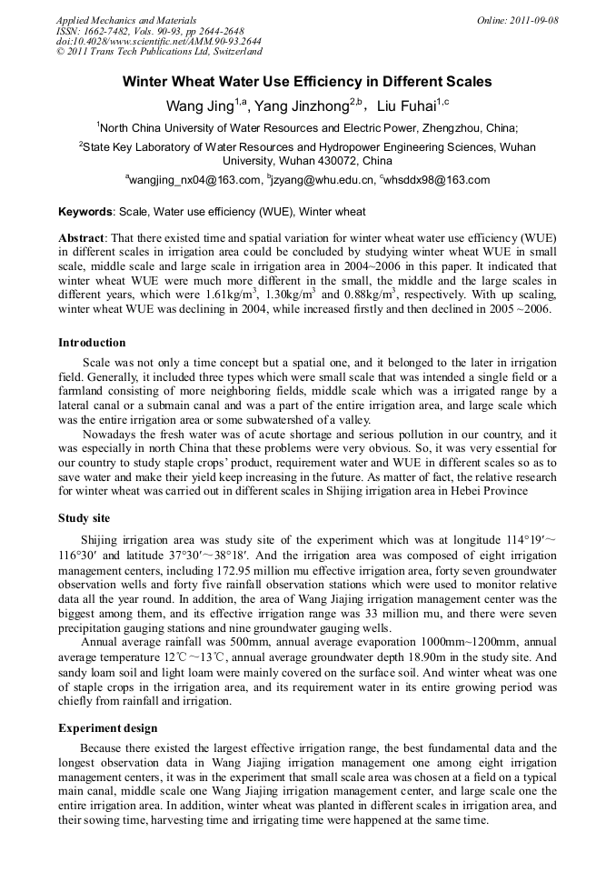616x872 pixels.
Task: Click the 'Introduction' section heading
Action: pos(92,343)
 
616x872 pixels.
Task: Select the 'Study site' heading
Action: pos(84,517)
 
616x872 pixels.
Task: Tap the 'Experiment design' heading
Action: pos(107,728)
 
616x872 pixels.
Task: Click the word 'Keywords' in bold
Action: pos(86,212)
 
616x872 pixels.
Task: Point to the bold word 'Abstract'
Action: pos(82,237)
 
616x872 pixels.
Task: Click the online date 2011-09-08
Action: pos(526,20)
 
